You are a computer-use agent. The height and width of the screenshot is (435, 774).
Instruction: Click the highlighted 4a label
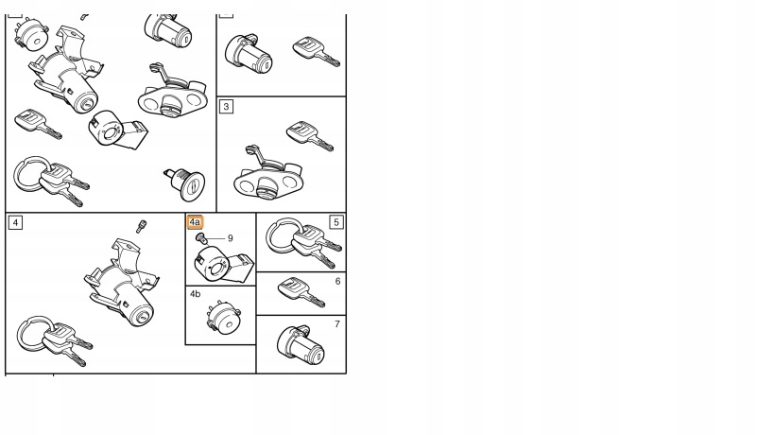point(195,222)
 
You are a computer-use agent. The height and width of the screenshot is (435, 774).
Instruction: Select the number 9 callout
point(230,238)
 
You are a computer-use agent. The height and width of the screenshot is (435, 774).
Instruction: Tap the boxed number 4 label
point(15,222)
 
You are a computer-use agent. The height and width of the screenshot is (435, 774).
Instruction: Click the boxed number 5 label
point(336,222)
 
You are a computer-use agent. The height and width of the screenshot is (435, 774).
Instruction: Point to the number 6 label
point(337,282)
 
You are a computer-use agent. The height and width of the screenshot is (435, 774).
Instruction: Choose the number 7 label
point(337,324)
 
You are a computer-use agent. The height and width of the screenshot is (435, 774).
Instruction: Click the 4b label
point(195,294)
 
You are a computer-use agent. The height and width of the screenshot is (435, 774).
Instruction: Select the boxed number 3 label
point(226,107)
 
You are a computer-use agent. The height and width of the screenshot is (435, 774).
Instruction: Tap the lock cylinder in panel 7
point(301,345)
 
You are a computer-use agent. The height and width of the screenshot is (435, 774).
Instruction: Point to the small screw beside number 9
point(200,239)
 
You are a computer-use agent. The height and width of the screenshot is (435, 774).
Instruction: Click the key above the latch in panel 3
point(310,135)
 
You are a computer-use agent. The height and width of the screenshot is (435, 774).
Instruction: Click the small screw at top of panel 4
point(142,226)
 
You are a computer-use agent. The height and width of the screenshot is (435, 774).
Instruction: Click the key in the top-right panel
point(317,51)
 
